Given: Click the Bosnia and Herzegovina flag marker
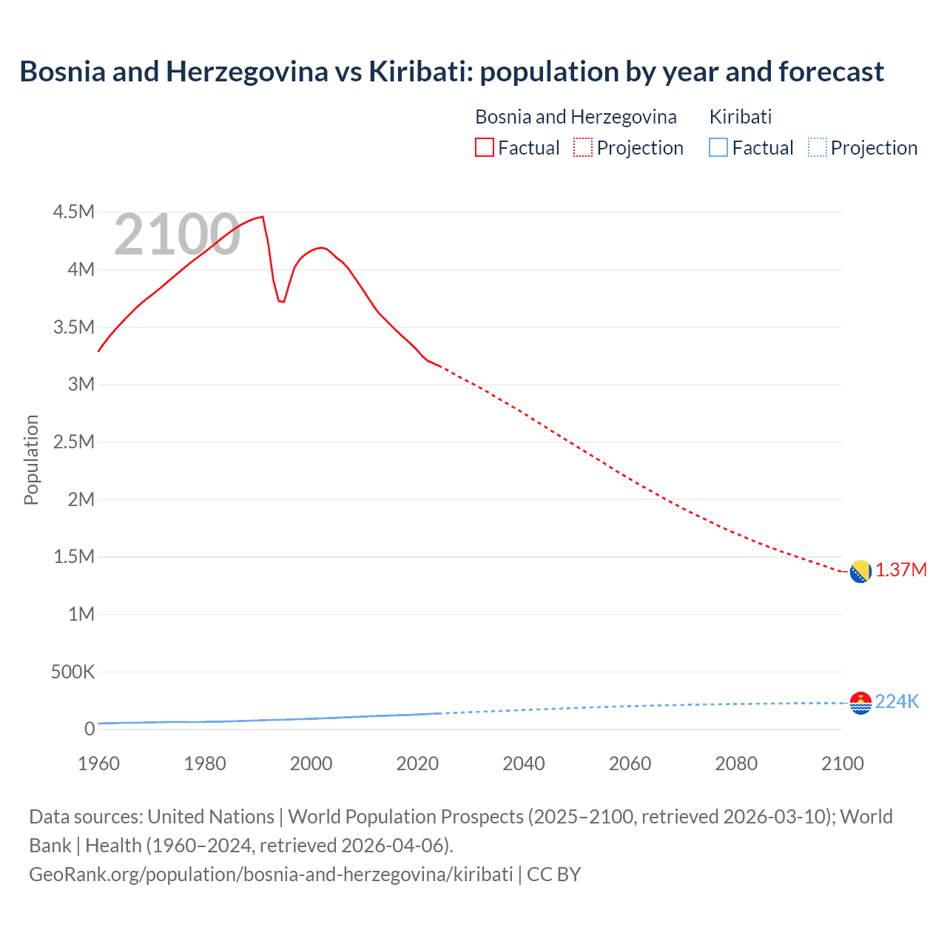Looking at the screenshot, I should click(x=860, y=572).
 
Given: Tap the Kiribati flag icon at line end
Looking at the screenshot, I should click(x=860, y=703).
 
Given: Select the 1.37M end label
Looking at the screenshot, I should click(x=900, y=570).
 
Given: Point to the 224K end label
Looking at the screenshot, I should click(x=897, y=701).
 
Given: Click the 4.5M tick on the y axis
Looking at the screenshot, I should click(x=74, y=212).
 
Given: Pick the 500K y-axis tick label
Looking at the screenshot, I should click(x=73, y=672).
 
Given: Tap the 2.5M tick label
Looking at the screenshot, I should click(x=74, y=442).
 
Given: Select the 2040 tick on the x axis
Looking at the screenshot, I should click(x=524, y=764).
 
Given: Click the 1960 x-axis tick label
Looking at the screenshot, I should click(x=98, y=764).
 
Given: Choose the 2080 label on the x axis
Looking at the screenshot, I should click(x=736, y=764).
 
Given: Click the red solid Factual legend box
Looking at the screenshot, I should click(x=485, y=147).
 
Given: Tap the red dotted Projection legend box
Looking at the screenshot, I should click(x=583, y=147).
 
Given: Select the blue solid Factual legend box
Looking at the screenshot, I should click(x=718, y=147).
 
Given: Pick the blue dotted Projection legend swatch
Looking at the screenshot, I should click(x=817, y=147).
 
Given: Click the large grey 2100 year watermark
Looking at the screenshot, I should click(x=177, y=235).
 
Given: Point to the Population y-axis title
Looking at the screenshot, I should click(x=31, y=459).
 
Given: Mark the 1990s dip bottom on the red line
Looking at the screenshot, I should click(x=282, y=302).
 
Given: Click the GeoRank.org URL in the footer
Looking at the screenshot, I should click(x=271, y=874).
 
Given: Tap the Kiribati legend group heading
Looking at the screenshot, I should click(x=741, y=117).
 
